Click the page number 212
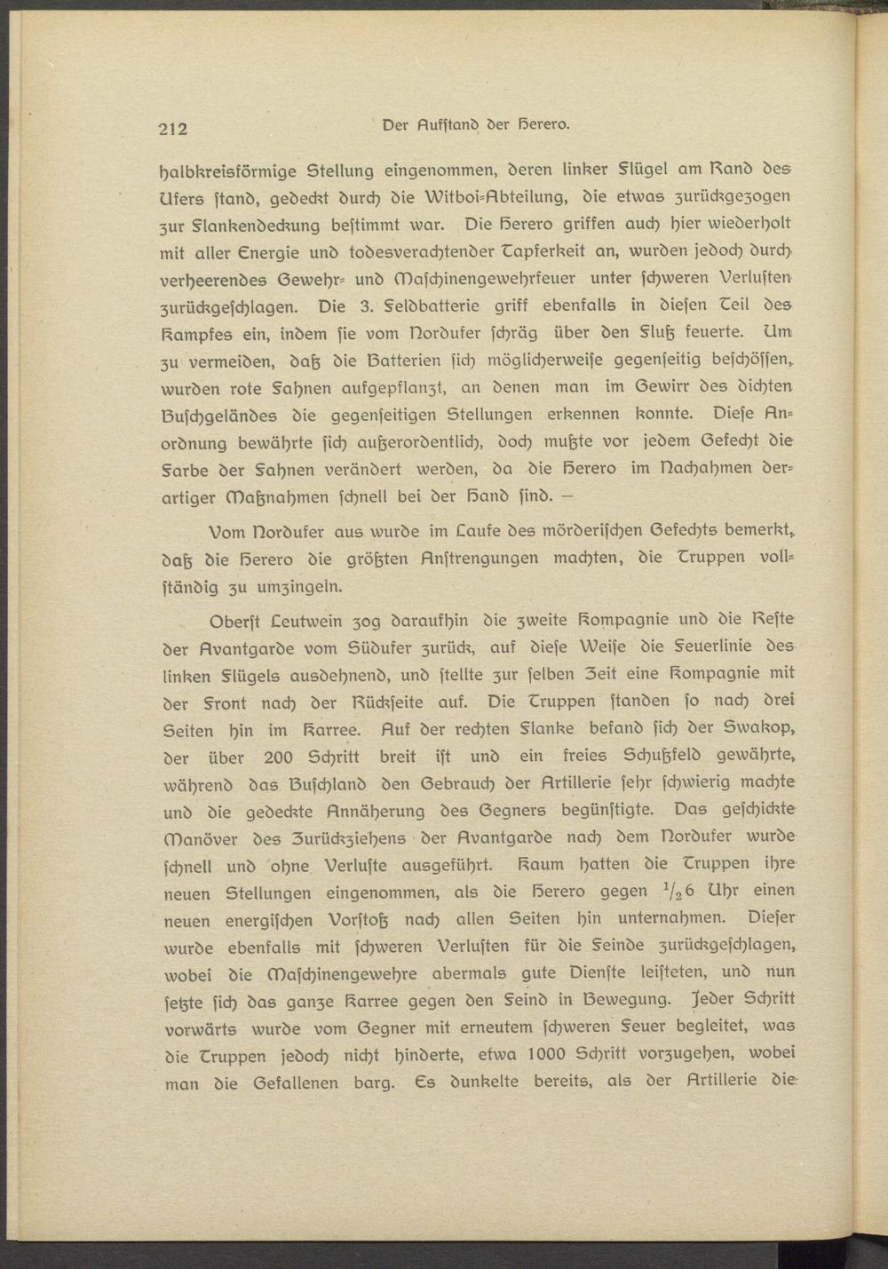click(173, 128)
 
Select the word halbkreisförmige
click(226, 169)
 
